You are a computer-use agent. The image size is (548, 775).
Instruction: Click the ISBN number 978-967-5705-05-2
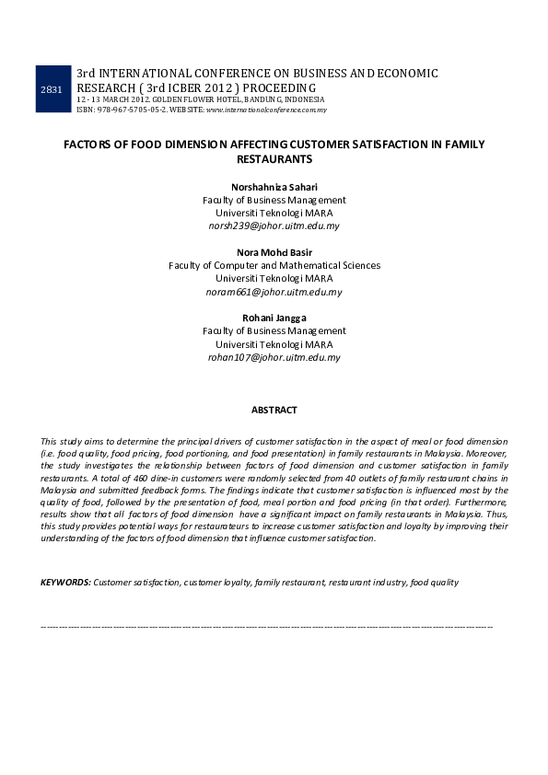[x=137, y=110]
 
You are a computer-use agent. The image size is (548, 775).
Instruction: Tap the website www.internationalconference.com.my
[x=266, y=110]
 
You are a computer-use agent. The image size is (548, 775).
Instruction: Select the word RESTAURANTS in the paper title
[x=274, y=159]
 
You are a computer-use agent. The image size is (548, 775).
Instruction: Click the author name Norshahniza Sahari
[x=274, y=188]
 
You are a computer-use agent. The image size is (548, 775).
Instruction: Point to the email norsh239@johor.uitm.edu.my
[x=274, y=226]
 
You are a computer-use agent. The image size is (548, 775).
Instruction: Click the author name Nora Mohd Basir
[x=274, y=253]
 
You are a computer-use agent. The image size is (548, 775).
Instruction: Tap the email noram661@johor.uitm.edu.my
[x=274, y=292]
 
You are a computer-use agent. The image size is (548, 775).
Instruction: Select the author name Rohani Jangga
[x=274, y=318]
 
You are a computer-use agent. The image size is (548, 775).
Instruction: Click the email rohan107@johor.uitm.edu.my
[x=274, y=357]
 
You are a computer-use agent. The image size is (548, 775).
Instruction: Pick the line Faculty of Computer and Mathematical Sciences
[x=274, y=266]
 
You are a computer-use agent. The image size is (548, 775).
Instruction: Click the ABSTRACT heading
[x=274, y=410]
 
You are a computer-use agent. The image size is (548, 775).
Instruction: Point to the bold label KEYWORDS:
[x=65, y=583]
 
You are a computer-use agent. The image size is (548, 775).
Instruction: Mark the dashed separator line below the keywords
[x=267, y=625]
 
